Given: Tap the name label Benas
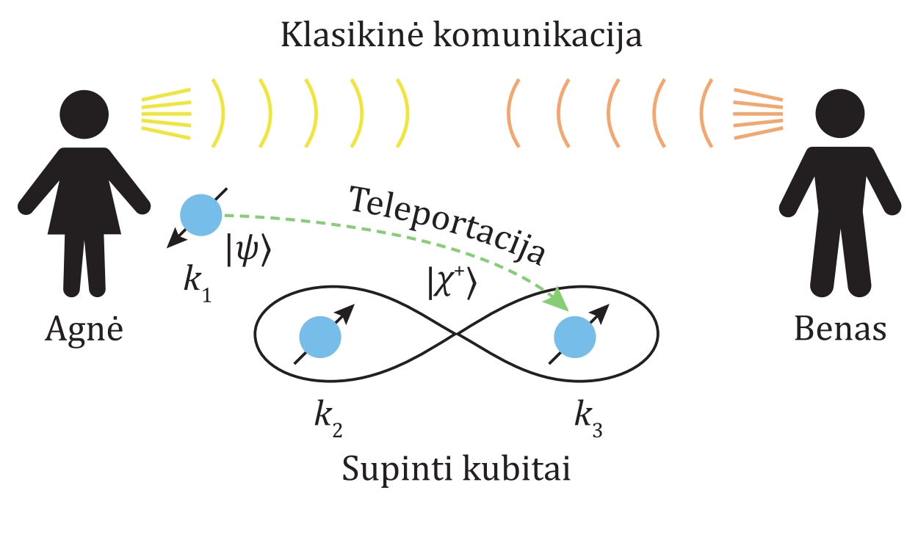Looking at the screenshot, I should click(840, 329).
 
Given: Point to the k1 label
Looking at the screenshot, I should click(194, 282).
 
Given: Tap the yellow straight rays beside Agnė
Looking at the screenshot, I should click(166, 114).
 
